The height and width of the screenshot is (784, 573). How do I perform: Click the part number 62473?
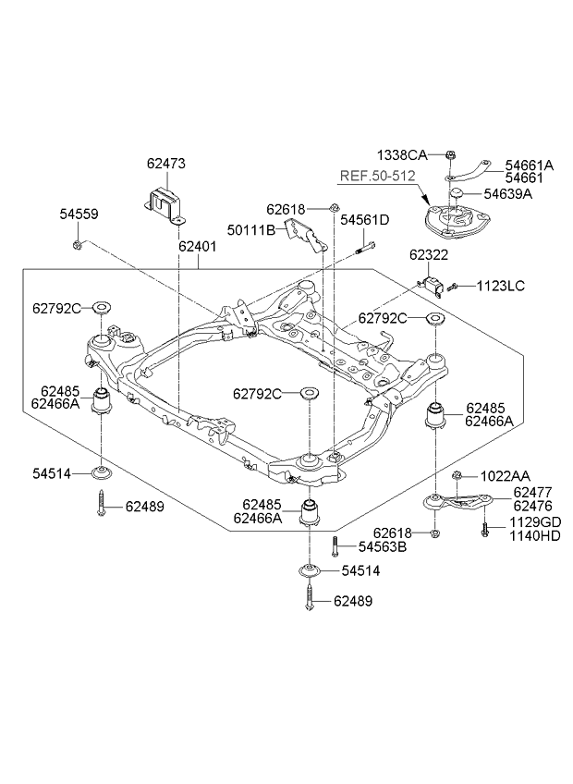pyautogui.click(x=165, y=164)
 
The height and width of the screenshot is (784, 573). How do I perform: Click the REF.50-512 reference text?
pyautogui.click(x=376, y=176)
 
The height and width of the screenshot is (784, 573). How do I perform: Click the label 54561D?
pyautogui.click(x=364, y=220)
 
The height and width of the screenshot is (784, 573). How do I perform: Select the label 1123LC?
pyautogui.click(x=499, y=286)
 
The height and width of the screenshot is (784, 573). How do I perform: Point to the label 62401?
pyautogui.click(x=199, y=247)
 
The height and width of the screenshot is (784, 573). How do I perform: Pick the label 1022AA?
pyautogui.click(x=504, y=476)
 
